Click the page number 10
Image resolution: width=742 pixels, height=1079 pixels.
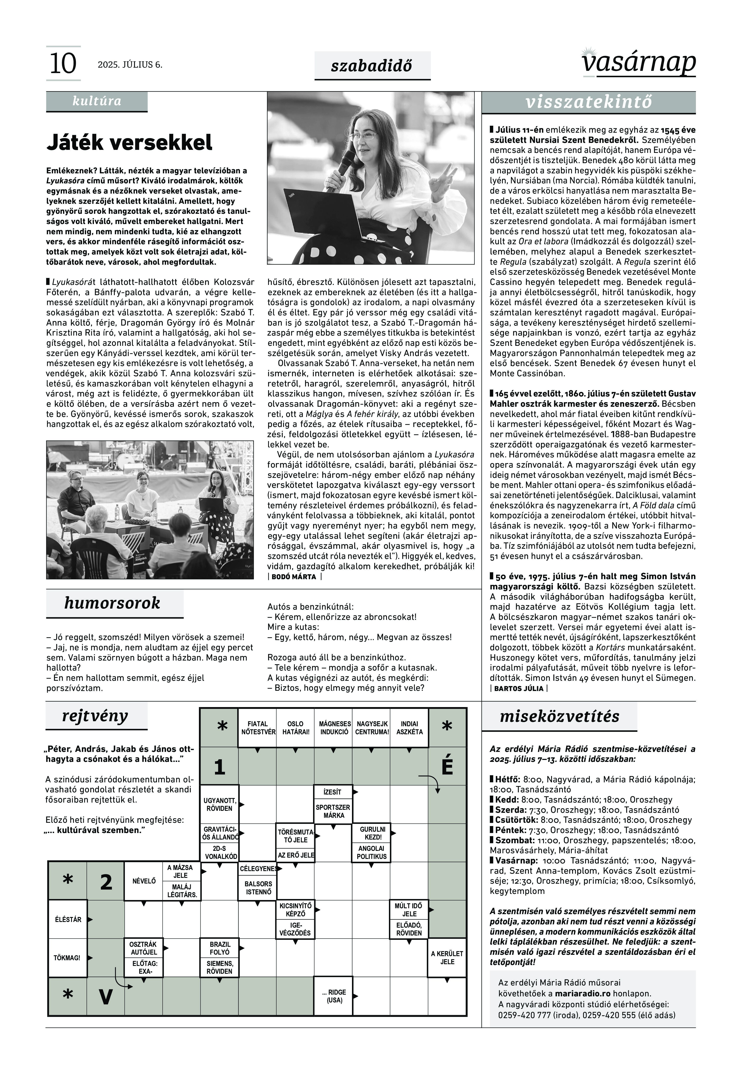[63, 64]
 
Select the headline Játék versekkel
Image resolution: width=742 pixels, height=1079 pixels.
[129, 142]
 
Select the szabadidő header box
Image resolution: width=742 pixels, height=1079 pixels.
[372, 66]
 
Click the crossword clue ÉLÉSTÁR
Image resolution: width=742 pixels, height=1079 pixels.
[68, 920]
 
